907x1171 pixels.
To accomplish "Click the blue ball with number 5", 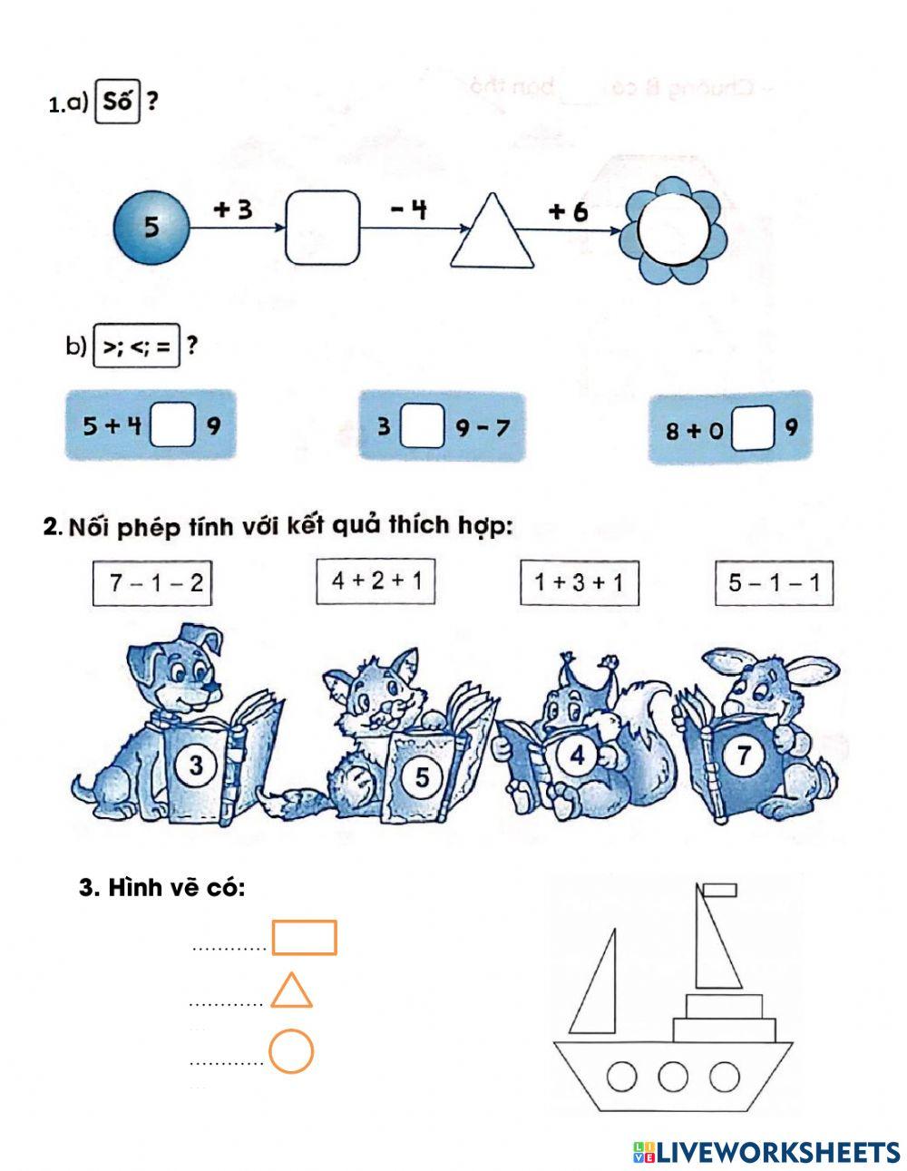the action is [x=151, y=228].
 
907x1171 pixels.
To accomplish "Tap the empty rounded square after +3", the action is [x=322, y=228].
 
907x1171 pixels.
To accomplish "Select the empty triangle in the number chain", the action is [x=493, y=230].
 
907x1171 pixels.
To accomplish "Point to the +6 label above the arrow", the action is [x=568, y=211].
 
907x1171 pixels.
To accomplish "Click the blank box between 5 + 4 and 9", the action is [x=172, y=425].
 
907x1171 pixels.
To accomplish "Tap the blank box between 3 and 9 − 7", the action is [x=423, y=426].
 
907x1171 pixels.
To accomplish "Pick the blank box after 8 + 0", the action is [x=753, y=429].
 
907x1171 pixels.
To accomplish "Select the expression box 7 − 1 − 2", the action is [x=152, y=583].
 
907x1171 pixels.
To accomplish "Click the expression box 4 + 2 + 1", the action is [x=375, y=581].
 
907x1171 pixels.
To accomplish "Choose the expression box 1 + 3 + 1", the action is [x=580, y=582].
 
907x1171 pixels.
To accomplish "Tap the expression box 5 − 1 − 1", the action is [x=774, y=582].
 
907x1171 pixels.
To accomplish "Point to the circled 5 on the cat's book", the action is [x=422, y=776].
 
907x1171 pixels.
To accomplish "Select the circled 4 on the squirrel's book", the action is [x=577, y=756].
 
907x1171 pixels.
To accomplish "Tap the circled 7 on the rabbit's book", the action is [x=744, y=755].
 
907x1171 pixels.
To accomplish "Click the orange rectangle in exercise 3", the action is [x=305, y=938].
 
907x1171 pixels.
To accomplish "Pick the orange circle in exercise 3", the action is [x=291, y=1051].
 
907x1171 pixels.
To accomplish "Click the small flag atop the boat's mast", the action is [x=720, y=890].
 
